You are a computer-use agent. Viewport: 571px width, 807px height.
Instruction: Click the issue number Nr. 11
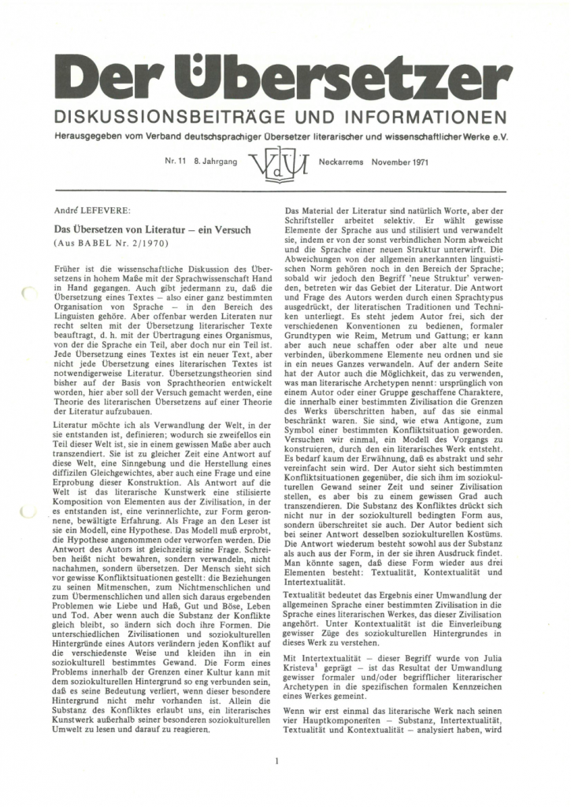pos(176,161)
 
